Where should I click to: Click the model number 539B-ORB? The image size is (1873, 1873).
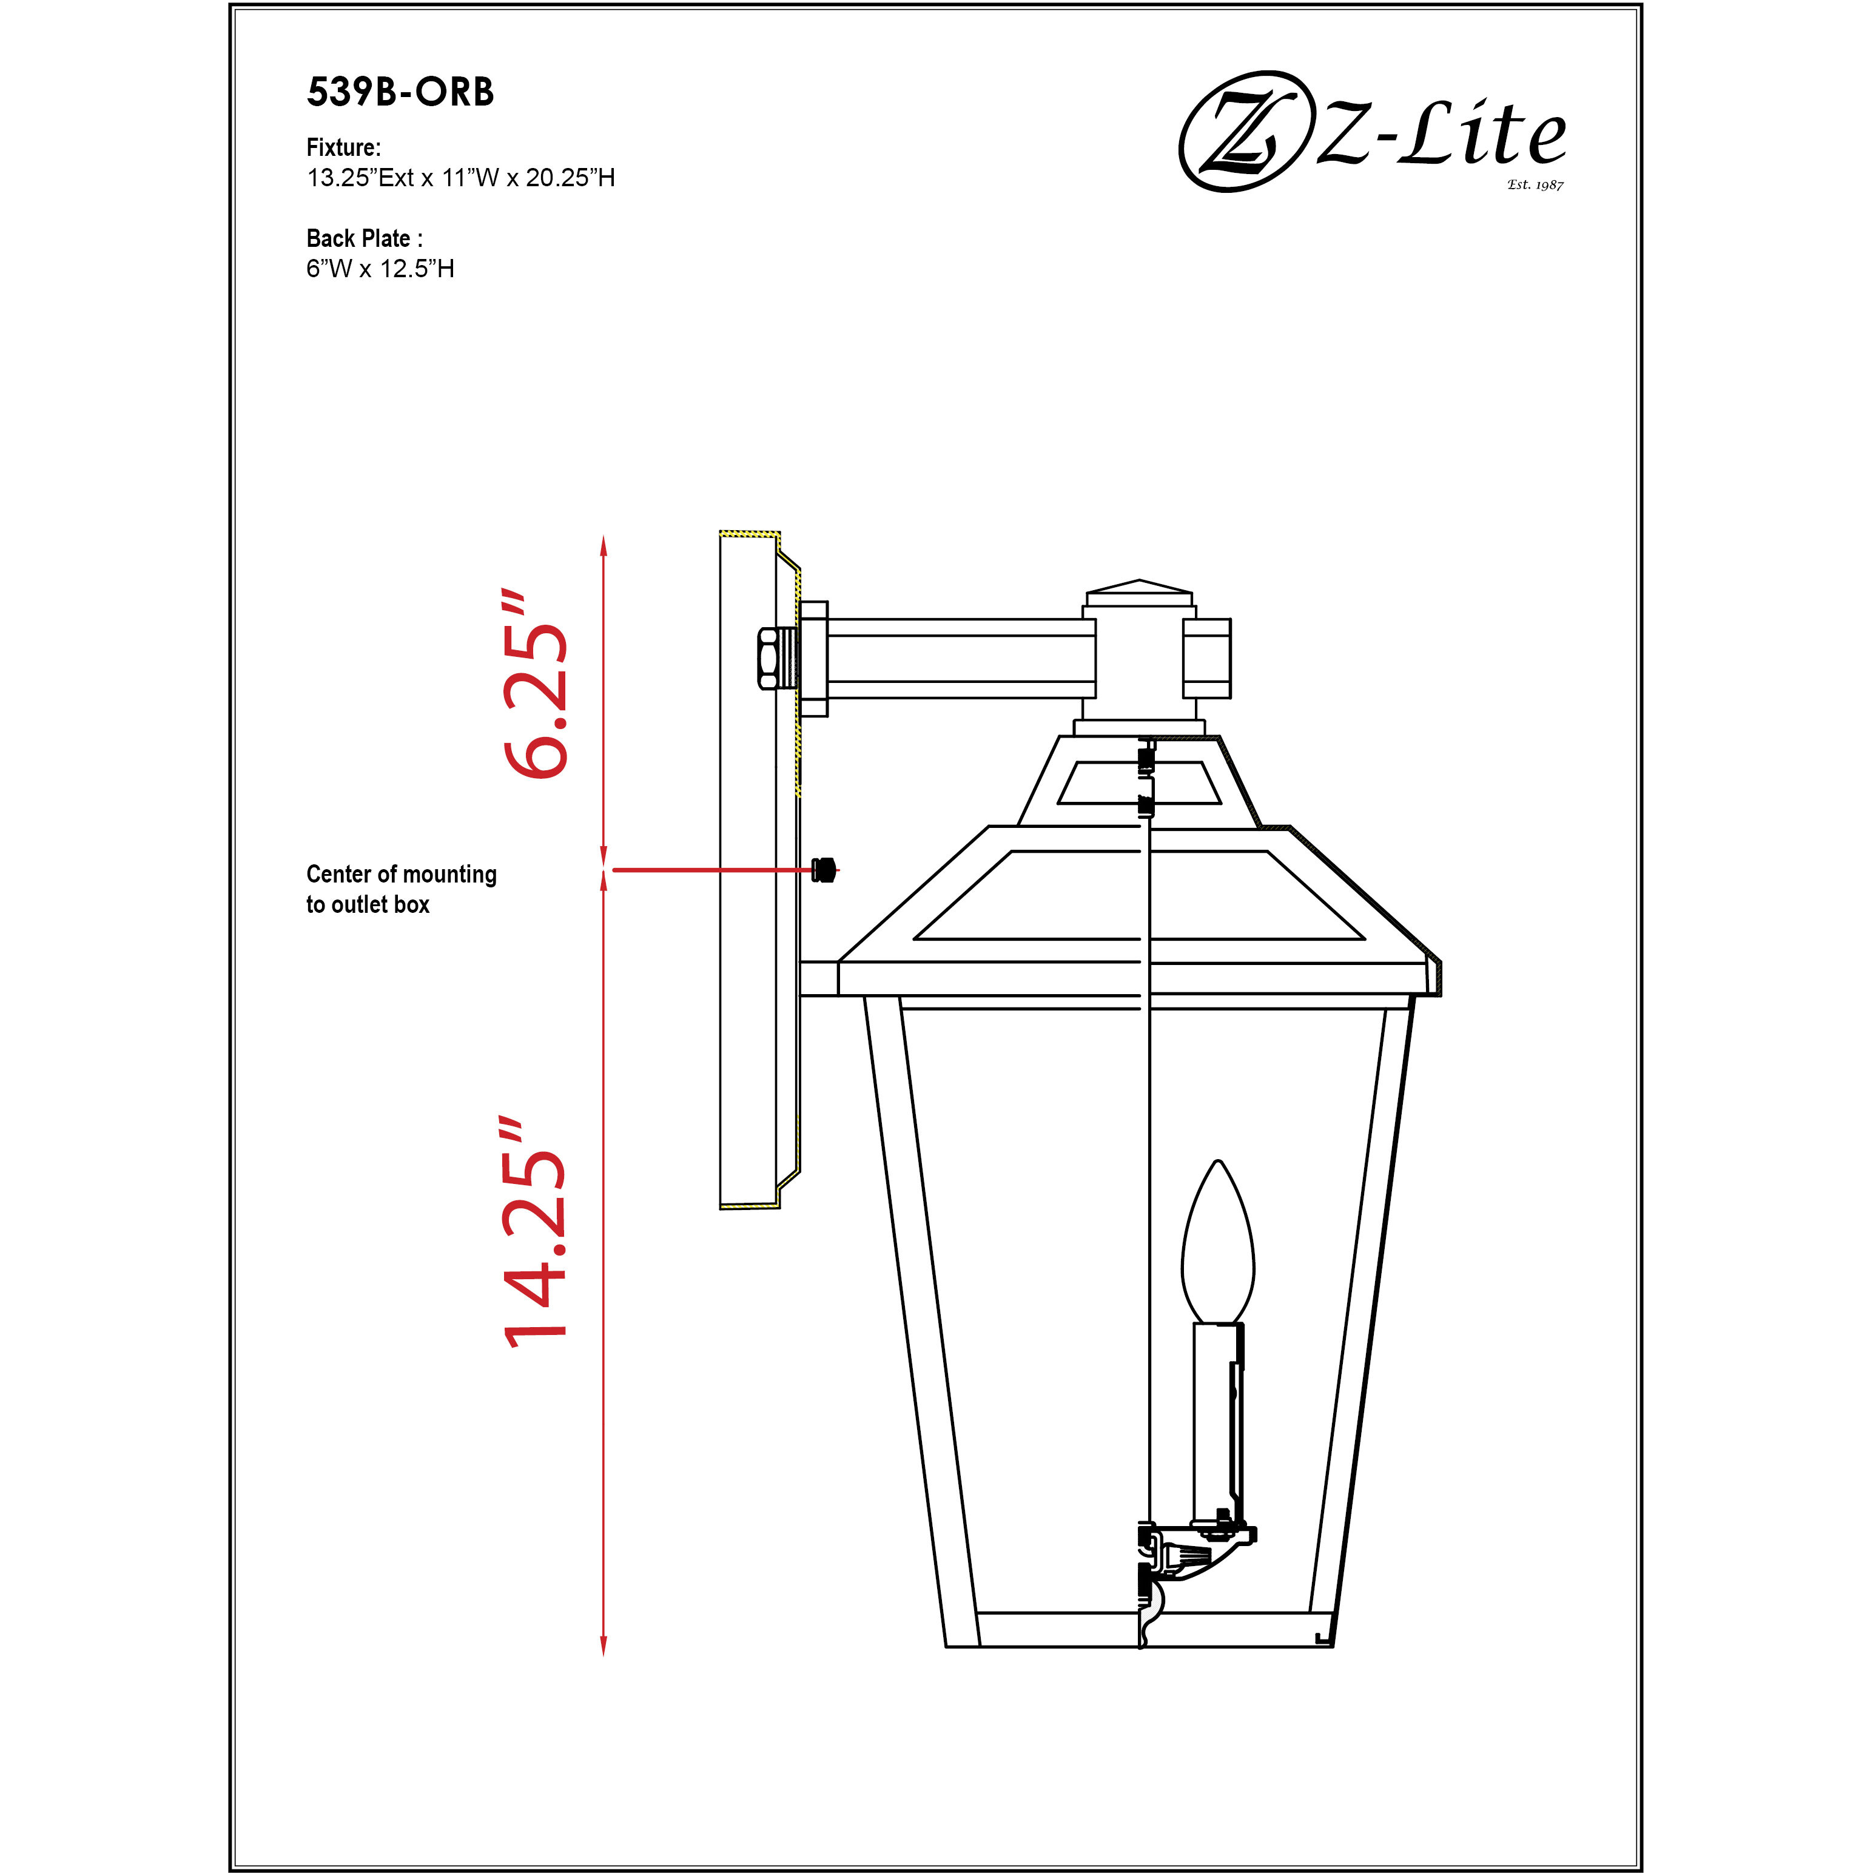coord(400,92)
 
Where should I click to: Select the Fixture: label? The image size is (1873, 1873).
coord(343,147)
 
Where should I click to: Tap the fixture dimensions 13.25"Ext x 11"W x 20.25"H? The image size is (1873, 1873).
coord(460,178)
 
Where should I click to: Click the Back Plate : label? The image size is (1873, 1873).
coord(363,238)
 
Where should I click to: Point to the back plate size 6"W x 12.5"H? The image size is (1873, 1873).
coord(380,269)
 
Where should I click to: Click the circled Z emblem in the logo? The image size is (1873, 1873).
coord(1241,132)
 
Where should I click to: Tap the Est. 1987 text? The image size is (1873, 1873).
coord(1535,184)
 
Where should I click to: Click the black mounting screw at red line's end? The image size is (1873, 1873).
coord(823,870)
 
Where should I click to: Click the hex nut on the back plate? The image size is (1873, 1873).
coord(768,657)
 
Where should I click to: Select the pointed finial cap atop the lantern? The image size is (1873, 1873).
coord(1139,588)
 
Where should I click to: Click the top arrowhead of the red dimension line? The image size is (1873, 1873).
coord(603,545)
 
